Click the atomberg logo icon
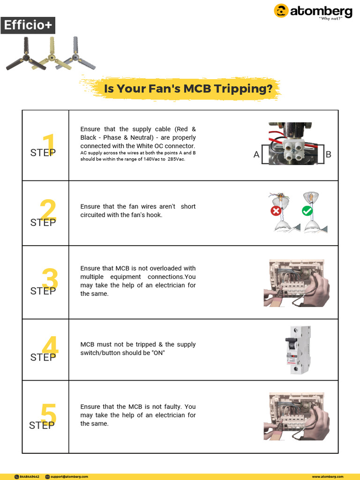coord(281,11)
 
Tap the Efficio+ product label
coord(28,25)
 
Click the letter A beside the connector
coord(256,155)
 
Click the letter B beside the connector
coord(328,154)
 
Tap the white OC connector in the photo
coord(292,151)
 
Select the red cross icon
coord(276,211)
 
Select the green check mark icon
coord(307,211)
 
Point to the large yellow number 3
coord(50,280)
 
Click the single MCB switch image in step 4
coord(298,350)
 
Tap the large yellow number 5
coord(49,415)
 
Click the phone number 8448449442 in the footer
coord(30,476)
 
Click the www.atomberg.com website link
coord(328,476)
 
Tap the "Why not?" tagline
coord(330,18)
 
